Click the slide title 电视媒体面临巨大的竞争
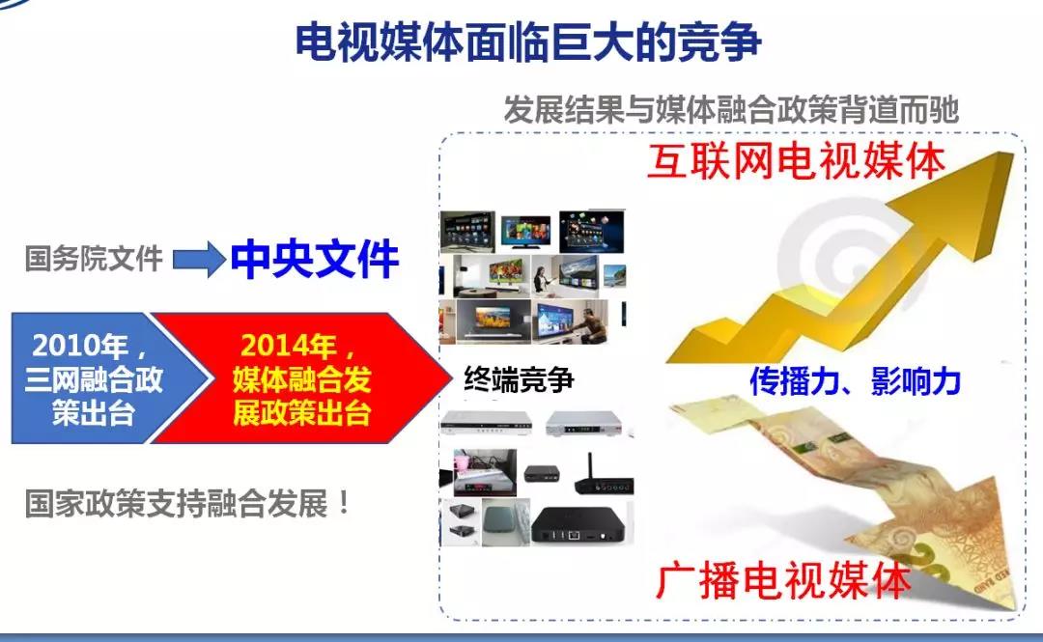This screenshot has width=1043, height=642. (528, 42)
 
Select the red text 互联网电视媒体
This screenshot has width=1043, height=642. (796, 161)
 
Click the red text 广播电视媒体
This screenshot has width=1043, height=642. (782, 580)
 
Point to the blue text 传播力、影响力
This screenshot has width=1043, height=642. (855, 381)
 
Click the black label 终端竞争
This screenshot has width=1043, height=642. (519, 379)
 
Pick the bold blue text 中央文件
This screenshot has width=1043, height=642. (315, 260)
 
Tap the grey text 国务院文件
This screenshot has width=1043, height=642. (94, 258)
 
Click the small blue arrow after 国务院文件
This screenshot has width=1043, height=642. (199, 259)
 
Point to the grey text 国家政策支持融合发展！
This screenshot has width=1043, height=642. (187, 503)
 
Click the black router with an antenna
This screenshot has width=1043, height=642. (602, 475)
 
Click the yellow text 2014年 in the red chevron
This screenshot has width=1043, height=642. (289, 346)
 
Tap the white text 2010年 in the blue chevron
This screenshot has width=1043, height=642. (80, 346)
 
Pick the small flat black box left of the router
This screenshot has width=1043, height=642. (542, 473)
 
